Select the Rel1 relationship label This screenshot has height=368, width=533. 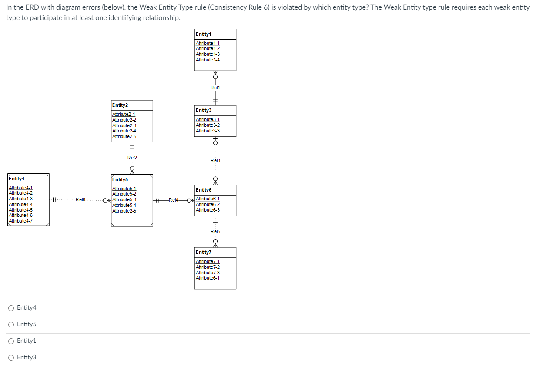point(215,88)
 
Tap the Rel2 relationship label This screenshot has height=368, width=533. point(132,158)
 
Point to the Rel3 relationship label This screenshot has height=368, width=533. point(215,160)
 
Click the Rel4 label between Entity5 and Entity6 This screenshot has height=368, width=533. point(174,200)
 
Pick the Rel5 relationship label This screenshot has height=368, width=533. point(215,231)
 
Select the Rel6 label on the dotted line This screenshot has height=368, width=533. point(80,200)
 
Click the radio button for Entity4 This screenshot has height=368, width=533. point(11,308)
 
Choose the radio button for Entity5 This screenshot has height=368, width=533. point(11,324)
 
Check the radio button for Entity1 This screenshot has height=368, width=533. point(11,341)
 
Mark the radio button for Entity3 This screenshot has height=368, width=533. point(11,358)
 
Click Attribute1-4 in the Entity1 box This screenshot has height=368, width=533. point(208,60)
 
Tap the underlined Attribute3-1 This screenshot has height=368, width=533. point(208,119)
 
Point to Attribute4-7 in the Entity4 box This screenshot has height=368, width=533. point(20,221)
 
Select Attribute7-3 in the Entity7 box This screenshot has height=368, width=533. point(208,273)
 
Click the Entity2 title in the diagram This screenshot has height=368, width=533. point(120,105)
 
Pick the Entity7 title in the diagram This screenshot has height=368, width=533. point(203,252)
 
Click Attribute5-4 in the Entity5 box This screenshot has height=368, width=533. point(124,205)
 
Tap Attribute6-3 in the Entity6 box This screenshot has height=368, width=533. point(208,210)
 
